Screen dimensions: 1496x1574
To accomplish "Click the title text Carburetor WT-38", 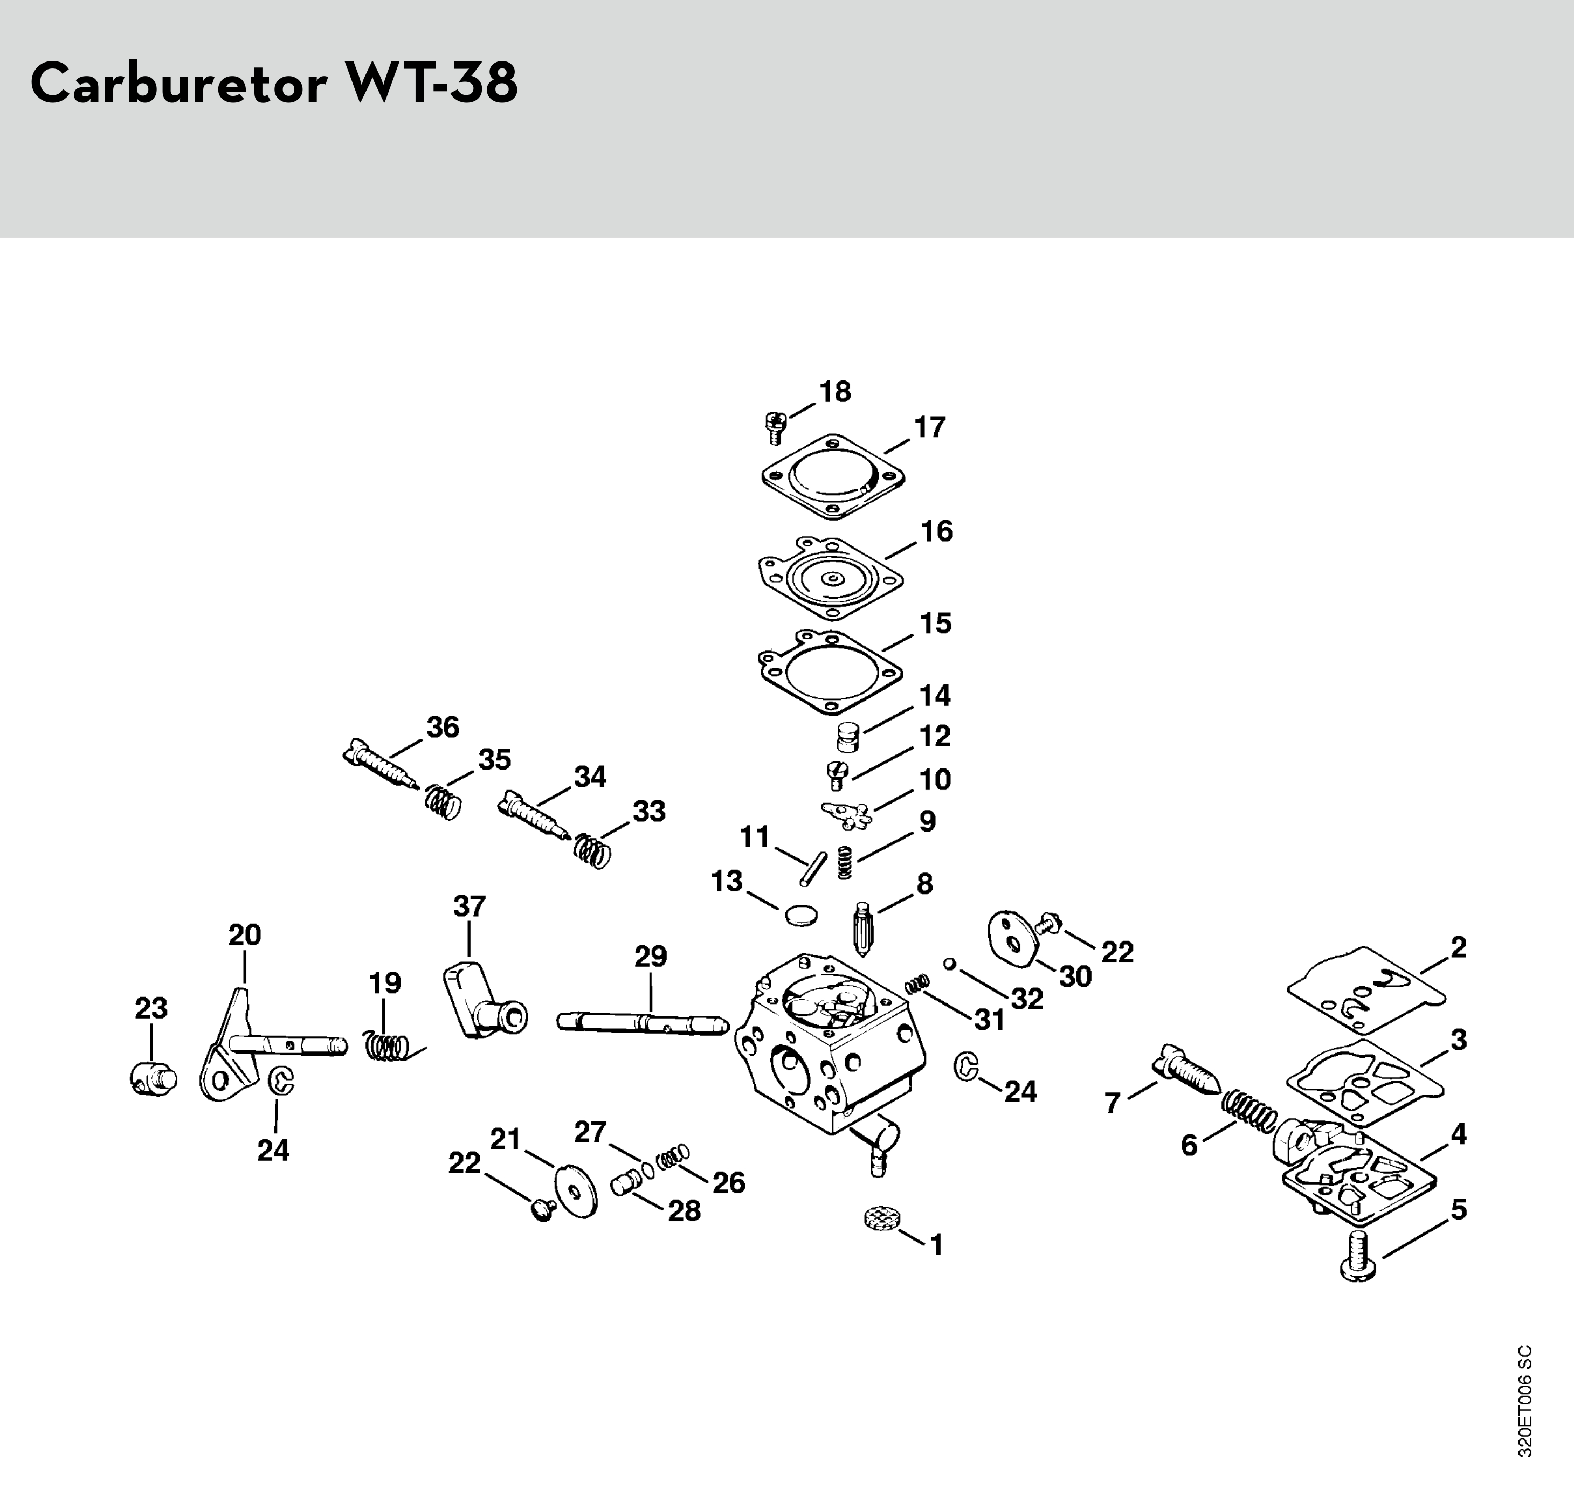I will tap(274, 83).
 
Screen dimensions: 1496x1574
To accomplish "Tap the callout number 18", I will tap(836, 392).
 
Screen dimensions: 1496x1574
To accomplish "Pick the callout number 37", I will tap(469, 906).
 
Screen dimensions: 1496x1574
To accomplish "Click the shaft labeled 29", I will tap(642, 1022).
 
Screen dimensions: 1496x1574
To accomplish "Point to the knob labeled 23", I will tap(153, 1080).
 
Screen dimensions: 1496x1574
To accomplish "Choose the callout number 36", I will tap(443, 728).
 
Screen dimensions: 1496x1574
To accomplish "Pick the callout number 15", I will tap(936, 623).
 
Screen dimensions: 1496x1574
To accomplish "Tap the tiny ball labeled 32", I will tap(949, 964).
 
